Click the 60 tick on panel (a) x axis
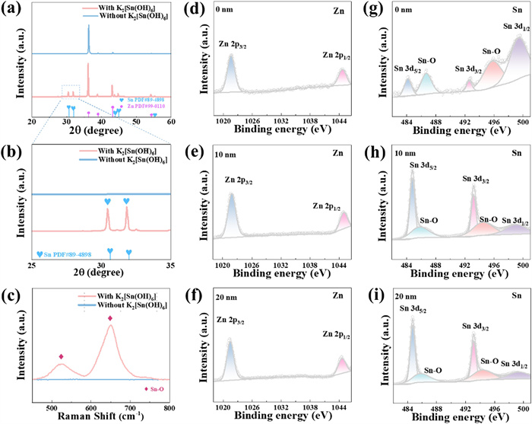pyautogui.click(x=171, y=122)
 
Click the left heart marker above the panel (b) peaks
pyautogui.click(x=107, y=202)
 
